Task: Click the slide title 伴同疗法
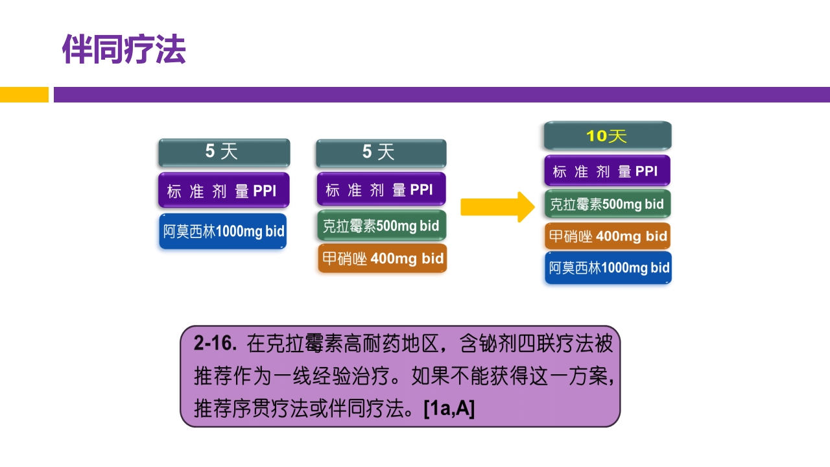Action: [124, 49]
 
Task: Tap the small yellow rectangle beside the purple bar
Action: [24, 95]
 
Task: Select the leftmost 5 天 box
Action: [224, 152]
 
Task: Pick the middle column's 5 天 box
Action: [381, 153]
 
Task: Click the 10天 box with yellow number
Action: [607, 136]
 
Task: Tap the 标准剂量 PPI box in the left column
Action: [224, 191]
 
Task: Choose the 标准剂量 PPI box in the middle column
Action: [381, 190]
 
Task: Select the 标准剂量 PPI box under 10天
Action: [607, 171]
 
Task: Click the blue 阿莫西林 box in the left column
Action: [223, 232]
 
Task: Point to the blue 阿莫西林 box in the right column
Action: [608, 268]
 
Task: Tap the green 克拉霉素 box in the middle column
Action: [381, 226]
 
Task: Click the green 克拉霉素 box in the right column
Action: [607, 204]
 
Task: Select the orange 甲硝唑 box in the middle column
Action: [382, 259]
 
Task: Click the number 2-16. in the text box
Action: [217, 344]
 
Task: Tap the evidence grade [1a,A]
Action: [449, 409]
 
